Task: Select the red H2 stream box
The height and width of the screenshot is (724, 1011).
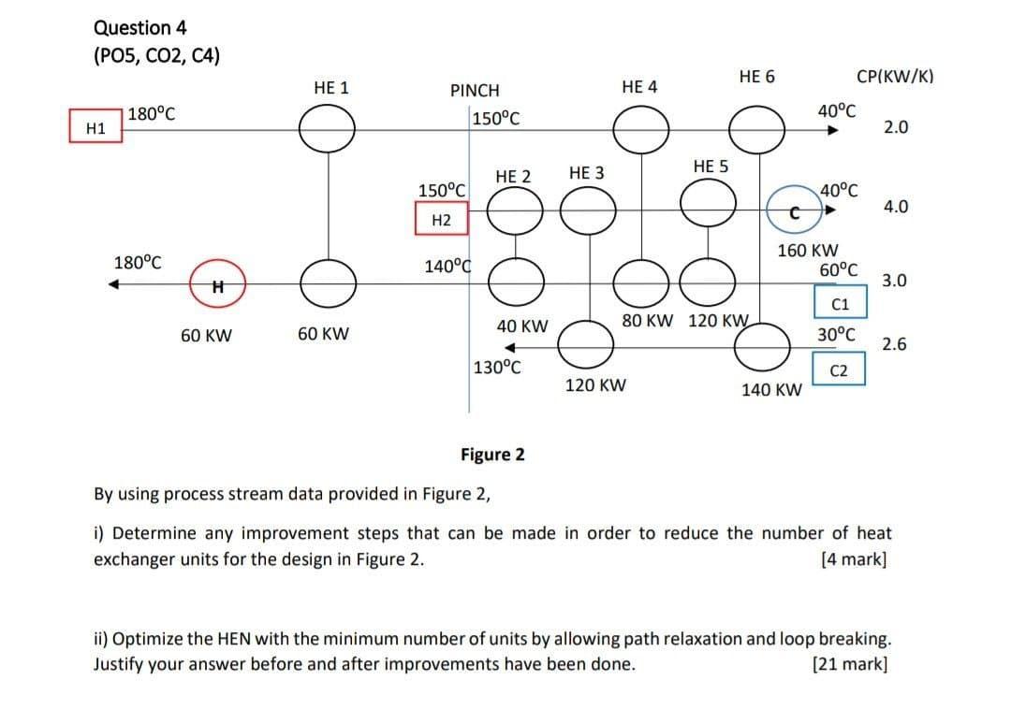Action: tap(442, 220)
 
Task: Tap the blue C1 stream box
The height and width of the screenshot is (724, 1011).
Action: tap(840, 304)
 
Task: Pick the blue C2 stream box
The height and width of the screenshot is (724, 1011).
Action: tap(840, 370)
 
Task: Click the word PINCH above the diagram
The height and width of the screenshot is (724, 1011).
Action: tap(475, 91)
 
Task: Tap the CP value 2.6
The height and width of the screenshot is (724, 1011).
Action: tap(895, 344)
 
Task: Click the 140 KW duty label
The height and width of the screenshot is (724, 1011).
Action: tap(771, 390)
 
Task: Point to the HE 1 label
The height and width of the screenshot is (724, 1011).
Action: tap(331, 88)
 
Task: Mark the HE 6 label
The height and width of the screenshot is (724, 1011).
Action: tap(756, 77)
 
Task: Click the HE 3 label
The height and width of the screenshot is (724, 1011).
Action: tap(586, 173)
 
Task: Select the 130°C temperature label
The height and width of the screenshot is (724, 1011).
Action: tap(497, 367)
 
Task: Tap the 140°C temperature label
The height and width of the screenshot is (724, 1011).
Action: tap(447, 268)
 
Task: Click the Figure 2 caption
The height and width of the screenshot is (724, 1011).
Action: tap(492, 455)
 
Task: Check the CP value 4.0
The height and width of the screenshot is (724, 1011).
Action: tap(895, 207)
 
